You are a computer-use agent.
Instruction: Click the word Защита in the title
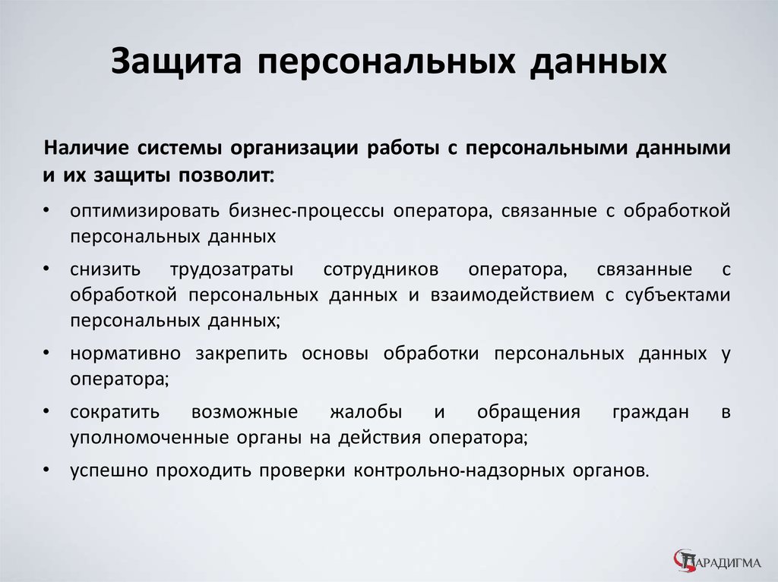tap(176, 61)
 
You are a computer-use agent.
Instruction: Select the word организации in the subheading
tap(294, 149)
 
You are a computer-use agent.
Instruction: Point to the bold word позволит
tap(225, 175)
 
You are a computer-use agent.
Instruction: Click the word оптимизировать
tap(144, 211)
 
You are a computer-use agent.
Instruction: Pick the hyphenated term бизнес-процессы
tap(306, 211)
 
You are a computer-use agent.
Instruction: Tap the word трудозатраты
tap(232, 270)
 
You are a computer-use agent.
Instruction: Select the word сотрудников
tap(381, 270)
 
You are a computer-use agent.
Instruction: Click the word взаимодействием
tap(512, 295)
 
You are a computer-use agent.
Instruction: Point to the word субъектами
tap(677, 295)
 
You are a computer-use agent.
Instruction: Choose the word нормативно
tap(125, 354)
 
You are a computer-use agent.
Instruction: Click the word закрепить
tap(241, 354)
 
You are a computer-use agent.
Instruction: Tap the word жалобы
tap(366, 412)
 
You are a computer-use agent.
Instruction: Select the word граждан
tap(650, 413)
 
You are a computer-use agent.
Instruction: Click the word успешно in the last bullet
tap(109, 470)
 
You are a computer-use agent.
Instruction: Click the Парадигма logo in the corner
tap(717, 562)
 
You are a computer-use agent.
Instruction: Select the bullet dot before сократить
tap(46, 411)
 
